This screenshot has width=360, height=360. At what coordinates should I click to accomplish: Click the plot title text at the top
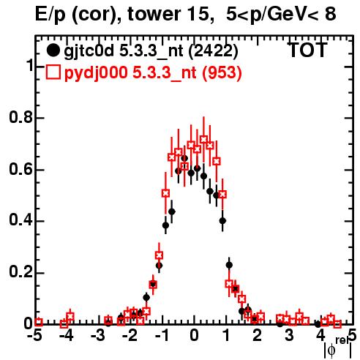(x=186, y=15)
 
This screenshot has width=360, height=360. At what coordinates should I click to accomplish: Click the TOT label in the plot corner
(x=308, y=50)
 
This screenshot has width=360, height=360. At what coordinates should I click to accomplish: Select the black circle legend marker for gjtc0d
(x=53, y=50)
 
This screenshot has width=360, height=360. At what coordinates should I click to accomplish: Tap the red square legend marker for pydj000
(x=53, y=72)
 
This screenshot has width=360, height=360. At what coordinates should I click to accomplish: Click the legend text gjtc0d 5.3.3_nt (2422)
(x=151, y=51)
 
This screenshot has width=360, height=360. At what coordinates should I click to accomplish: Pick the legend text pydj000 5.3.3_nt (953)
(x=153, y=72)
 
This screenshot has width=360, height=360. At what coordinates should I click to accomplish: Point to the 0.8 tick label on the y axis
(x=20, y=117)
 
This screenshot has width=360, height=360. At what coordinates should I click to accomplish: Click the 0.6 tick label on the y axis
(x=20, y=169)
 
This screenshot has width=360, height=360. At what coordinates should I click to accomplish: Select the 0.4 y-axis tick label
(x=20, y=220)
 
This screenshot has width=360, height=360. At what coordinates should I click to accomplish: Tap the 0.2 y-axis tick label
(x=20, y=272)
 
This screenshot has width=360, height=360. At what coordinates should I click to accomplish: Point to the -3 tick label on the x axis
(x=98, y=336)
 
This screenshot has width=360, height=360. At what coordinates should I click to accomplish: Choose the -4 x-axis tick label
(x=67, y=336)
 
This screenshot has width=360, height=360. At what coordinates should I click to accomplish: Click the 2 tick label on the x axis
(x=258, y=336)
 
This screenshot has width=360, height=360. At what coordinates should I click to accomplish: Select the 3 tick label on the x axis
(x=289, y=336)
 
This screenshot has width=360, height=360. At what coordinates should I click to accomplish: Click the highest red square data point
(x=203, y=140)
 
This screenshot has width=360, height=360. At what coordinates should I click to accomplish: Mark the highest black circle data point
(x=184, y=158)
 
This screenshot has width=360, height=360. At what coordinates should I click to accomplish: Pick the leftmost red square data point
(x=39, y=322)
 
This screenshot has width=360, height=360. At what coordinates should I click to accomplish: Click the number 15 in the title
(x=199, y=14)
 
